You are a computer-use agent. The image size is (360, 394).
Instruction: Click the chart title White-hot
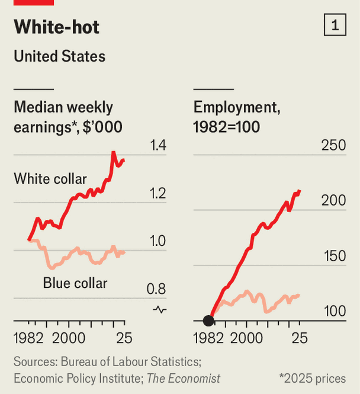pos(57,27)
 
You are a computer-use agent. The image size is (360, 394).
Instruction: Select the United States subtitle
pos(59,56)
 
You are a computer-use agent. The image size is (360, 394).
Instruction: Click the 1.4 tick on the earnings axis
pos(156,146)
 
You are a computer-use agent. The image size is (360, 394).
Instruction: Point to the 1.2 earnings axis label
pos(156,194)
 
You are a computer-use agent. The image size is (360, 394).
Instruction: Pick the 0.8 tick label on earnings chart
pos(156,289)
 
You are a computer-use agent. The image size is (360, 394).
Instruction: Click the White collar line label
pos(50,179)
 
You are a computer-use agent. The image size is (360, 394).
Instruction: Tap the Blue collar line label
pos(75,283)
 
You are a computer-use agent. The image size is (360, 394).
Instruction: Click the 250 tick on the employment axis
pos(333,146)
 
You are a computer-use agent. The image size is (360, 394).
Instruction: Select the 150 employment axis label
pos(333,257)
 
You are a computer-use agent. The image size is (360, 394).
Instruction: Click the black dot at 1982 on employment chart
pos(208,321)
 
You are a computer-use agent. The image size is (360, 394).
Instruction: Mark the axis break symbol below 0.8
pos(159,309)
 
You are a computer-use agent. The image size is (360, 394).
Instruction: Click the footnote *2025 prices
pos(313,378)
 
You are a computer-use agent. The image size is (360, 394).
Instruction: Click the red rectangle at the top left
pos(34,2)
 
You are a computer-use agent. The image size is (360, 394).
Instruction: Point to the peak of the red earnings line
pos(113,153)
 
